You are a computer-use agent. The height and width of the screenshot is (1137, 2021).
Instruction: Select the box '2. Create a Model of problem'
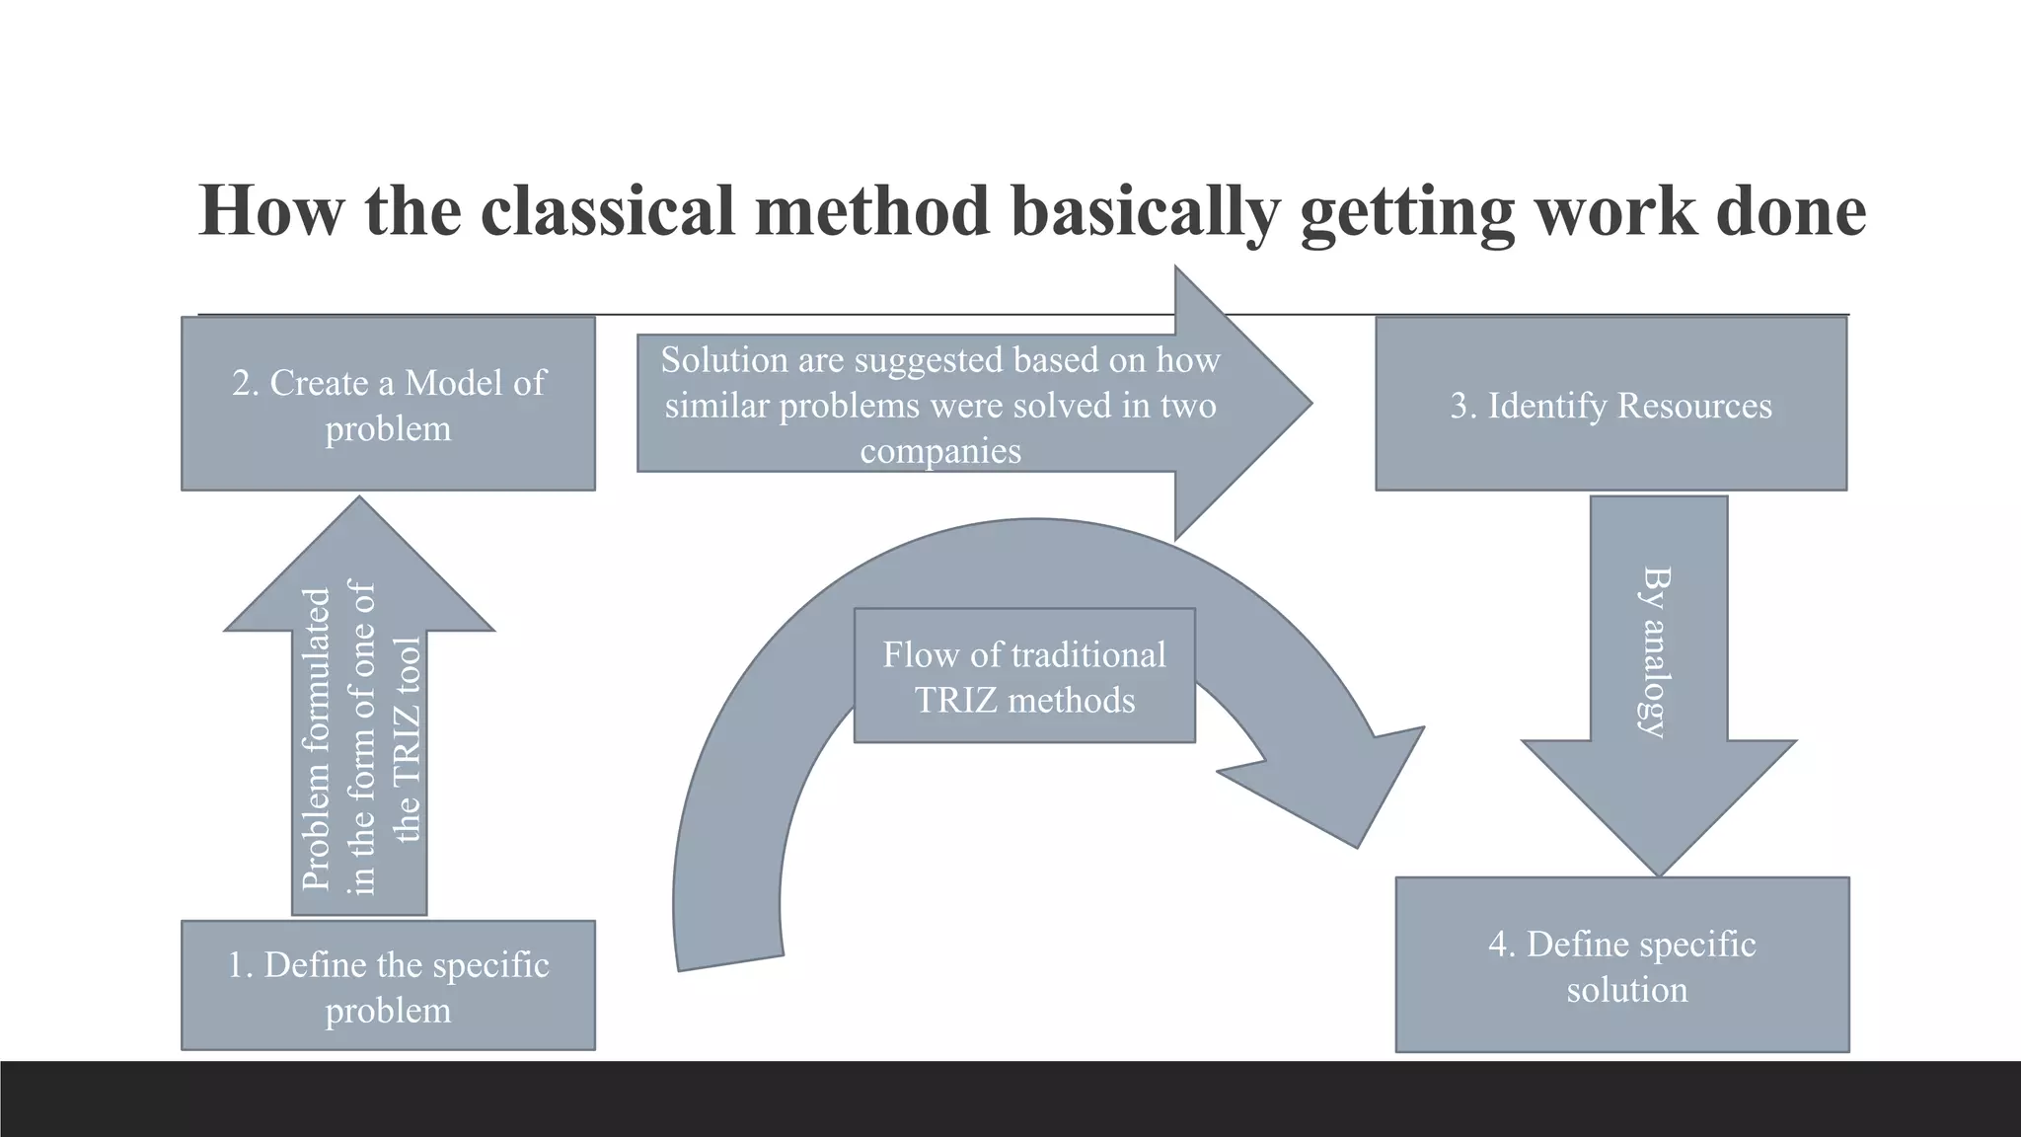388,404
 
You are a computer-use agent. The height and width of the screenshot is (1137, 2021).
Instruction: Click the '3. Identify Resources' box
1610,405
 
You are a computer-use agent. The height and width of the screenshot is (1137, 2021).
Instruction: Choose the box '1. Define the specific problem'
388,985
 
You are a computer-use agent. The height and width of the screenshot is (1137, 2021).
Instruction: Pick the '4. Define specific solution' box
1621,965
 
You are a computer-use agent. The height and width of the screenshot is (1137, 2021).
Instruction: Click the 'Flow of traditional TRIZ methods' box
1024,676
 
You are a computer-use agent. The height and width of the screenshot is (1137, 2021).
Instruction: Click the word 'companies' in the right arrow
939,451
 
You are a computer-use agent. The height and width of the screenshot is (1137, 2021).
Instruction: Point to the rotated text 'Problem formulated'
316,738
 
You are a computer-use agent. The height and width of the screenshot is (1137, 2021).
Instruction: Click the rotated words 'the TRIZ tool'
407,738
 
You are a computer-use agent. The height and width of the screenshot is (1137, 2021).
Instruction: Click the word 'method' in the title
873,210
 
